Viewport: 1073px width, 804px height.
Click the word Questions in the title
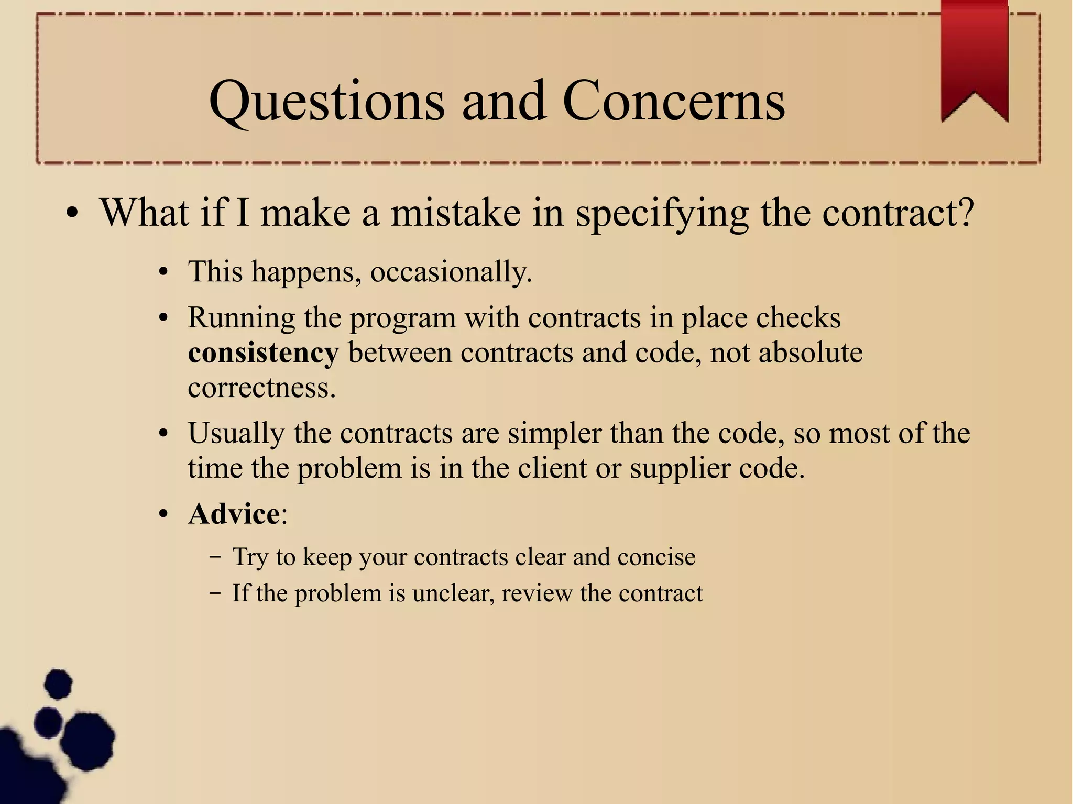(326, 102)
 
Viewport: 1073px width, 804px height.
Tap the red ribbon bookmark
(975, 58)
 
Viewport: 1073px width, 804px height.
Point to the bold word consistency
(263, 353)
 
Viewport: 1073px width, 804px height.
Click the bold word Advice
(234, 514)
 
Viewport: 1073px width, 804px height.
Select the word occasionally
(451, 272)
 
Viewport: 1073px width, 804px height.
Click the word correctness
(261, 388)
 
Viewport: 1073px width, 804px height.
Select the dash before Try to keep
(214, 557)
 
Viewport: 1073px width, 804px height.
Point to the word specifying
(662, 214)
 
